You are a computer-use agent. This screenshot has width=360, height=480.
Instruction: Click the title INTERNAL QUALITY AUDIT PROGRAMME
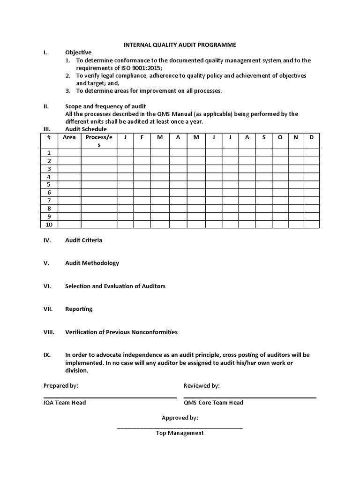coord(180,45)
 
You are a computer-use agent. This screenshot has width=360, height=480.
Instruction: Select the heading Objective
coord(78,52)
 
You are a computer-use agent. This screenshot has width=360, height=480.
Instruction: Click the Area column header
coord(69,137)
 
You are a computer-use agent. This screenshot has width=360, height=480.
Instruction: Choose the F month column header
coord(142,137)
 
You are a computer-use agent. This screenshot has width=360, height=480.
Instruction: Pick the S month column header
coord(264,137)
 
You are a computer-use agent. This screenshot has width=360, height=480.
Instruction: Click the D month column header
coord(311,137)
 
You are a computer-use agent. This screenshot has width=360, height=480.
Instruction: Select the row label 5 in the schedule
coord(49,185)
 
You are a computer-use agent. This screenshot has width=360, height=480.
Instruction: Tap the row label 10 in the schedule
coord(49,225)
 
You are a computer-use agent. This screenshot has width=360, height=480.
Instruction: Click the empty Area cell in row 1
coord(69,153)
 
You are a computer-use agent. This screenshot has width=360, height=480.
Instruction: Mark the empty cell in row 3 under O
coord(280,169)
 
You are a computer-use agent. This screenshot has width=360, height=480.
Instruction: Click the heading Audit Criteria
coord(83,240)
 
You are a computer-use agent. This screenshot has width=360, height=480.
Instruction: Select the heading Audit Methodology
coord(92,263)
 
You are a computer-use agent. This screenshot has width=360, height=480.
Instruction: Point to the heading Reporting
coord(79,309)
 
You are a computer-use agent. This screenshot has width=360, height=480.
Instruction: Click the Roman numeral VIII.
coord(49,332)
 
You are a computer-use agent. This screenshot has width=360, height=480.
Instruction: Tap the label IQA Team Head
coord(65,403)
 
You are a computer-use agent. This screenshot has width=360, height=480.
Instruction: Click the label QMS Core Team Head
coord(213,403)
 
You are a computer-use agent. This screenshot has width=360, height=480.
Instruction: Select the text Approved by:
coord(180,418)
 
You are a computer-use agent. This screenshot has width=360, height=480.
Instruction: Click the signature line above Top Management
coord(180,427)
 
